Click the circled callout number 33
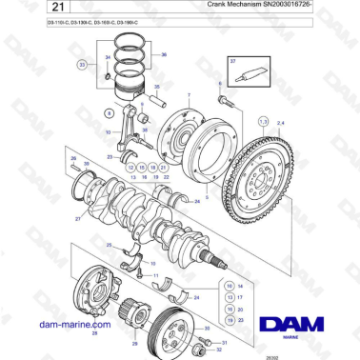coord(83,65)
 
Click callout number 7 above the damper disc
coord(188,96)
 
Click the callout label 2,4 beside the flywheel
coord(280,123)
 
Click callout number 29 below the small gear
coord(133,343)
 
